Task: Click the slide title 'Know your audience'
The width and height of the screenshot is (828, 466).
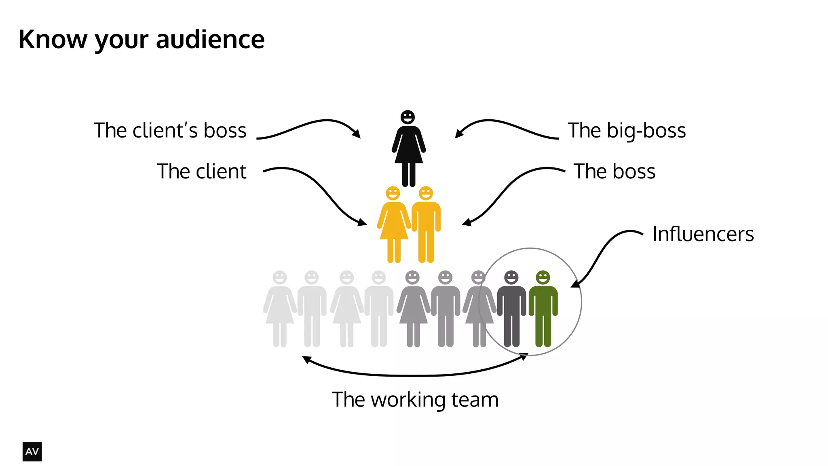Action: coord(142,40)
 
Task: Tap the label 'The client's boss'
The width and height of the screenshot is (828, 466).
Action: coord(170,131)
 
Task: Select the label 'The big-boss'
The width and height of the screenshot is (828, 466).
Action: coord(627,131)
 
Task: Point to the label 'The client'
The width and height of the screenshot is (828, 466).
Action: coord(201,172)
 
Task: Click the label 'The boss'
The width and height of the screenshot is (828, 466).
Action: coord(614,172)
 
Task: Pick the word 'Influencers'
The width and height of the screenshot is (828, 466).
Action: coord(703,234)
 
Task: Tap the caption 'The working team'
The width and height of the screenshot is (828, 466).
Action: coord(415,400)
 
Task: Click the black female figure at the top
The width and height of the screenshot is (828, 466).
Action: coord(408,150)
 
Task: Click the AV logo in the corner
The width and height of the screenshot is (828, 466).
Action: coord(32,451)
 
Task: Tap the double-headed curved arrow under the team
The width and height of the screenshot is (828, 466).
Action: coord(415,375)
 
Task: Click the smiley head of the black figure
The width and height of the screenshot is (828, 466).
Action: coord(408,117)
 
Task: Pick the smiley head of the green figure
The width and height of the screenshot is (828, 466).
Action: coord(543,277)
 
